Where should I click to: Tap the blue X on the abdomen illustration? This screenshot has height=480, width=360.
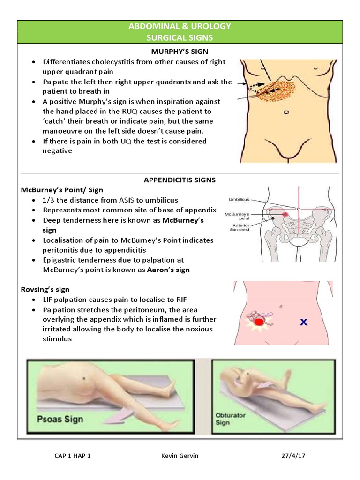coord(303,322)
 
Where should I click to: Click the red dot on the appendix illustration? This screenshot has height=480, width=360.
coord(258,322)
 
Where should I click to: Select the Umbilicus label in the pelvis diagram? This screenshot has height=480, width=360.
coord(239,200)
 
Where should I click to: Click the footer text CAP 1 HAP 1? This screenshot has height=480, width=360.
coord(73,456)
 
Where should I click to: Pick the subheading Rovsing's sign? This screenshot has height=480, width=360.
coord(45,290)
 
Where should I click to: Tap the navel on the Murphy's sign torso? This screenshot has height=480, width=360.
coord(286,112)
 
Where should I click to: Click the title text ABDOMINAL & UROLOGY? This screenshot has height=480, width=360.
coord(180,26)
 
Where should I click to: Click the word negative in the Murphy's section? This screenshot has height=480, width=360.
coord(58,151)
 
